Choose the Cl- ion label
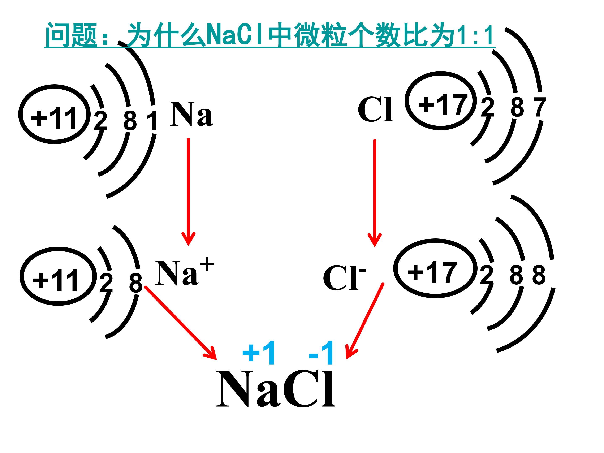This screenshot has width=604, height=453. tap(344, 277)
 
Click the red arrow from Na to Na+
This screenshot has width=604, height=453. tap(188, 192)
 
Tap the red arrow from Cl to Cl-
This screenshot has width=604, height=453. tap(375, 193)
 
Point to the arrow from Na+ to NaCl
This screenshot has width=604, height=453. tap(181, 323)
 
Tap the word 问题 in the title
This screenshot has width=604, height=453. tap(71, 35)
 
